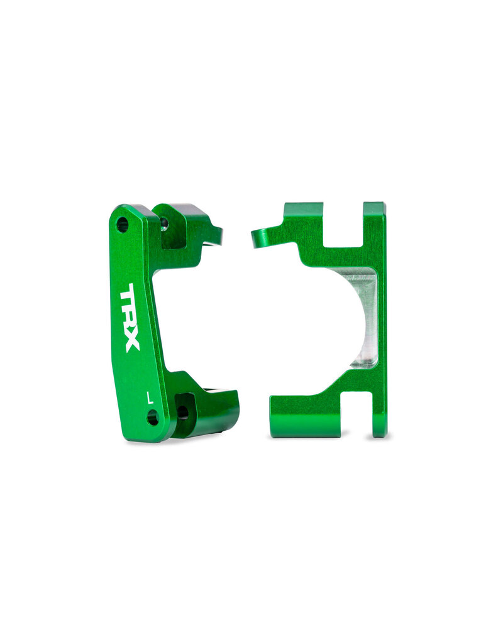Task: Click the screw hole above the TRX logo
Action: click(x=123, y=224)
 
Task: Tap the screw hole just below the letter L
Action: click(x=152, y=417)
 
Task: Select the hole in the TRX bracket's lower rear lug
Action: click(x=182, y=412)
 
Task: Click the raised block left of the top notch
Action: click(x=303, y=217)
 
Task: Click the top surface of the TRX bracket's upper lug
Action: click(x=183, y=210)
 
